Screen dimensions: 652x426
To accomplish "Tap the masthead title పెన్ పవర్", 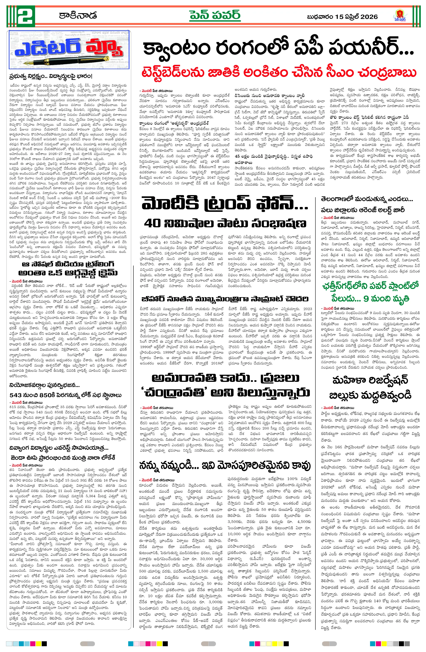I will point(215,16).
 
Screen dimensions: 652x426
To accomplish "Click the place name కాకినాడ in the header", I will point(78,16).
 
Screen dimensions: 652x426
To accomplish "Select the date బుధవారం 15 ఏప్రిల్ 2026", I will point(342,17).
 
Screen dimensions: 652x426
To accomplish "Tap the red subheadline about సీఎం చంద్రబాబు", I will point(279,73).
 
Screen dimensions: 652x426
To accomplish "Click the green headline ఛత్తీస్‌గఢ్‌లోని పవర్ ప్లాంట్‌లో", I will point(370,286).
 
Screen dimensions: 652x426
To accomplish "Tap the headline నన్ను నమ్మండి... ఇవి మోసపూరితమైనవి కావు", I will point(225,466).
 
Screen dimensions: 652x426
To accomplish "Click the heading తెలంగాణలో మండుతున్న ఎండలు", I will point(367,199).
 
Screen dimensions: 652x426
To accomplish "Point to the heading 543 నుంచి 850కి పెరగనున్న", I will point(65,395).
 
